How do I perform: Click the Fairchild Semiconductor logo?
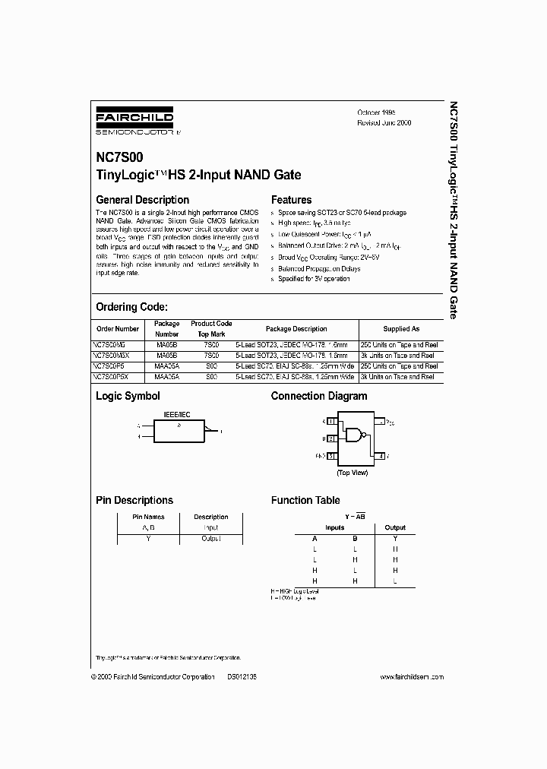click(x=134, y=120)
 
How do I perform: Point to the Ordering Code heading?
click(x=131, y=307)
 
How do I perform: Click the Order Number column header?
click(x=119, y=329)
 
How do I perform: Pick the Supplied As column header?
click(x=401, y=329)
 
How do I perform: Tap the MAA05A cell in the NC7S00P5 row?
click(x=167, y=366)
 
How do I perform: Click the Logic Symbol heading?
click(x=128, y=396)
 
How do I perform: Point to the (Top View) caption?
click(x=352, y=472)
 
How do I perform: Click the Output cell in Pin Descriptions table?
click(x=210, y=538)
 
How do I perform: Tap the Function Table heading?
click(x=305, y=500)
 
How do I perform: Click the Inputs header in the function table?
click(x=334, y=527)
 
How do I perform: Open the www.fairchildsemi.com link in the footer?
click(x=411, y=676)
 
